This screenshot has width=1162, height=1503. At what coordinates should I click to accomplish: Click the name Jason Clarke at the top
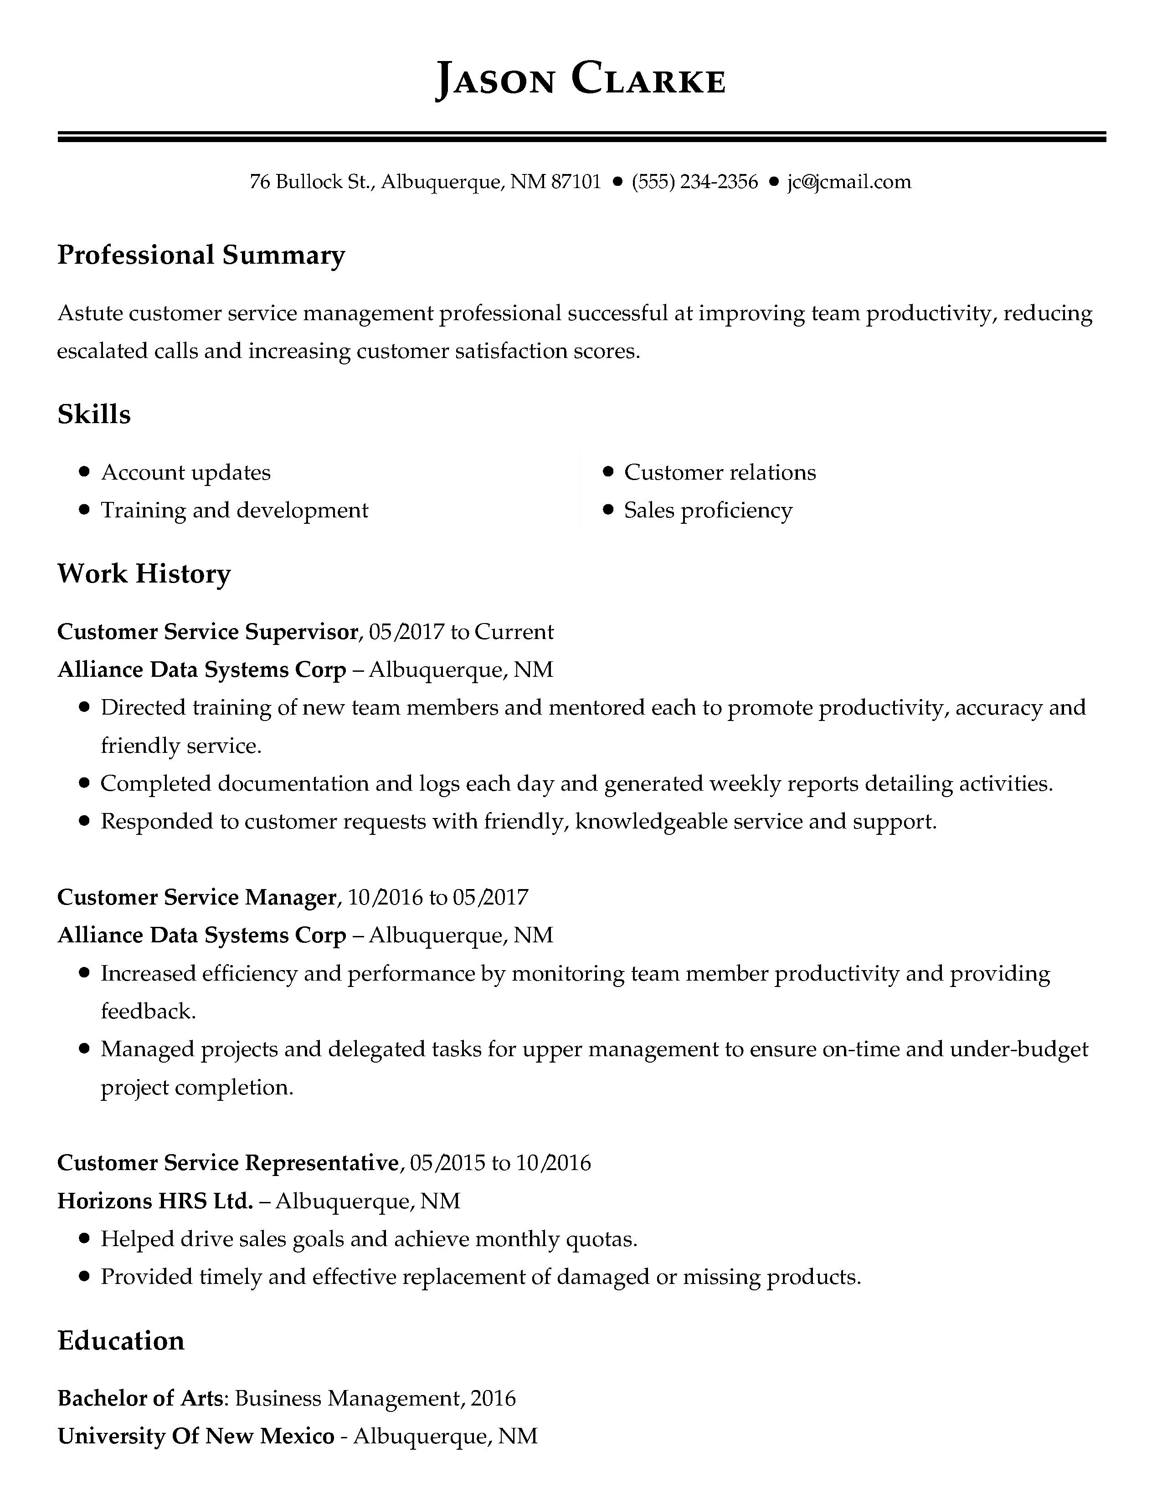coord(580,80)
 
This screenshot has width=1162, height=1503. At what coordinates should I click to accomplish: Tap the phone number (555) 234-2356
coord(694,182)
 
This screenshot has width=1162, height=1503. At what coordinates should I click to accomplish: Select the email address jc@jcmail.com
coord(849,182)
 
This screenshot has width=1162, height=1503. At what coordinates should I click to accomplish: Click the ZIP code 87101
coord(577,182)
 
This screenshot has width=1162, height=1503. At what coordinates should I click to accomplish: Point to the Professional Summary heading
coord(201,256)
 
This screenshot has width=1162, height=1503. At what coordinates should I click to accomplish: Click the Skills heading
coord(93,414)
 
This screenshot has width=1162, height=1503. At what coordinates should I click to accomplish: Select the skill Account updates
coord(186,473)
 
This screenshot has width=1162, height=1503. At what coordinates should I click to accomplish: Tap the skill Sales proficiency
coord(708,511)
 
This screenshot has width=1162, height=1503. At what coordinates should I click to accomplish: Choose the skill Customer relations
coord(720,473)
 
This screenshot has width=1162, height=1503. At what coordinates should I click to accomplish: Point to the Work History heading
coord(144,574)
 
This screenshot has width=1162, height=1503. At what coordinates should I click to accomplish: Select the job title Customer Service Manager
coord(197,897)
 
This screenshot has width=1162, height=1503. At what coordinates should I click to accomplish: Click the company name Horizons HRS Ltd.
coord(155,1201)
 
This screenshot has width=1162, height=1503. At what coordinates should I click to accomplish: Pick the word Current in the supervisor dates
coord(514,632)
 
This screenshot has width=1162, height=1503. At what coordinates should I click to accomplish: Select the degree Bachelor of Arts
coord(140,1398)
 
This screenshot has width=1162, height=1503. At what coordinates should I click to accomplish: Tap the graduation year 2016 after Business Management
coord(494,1398)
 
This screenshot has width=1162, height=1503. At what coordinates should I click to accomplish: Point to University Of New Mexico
coord(195,1436)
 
